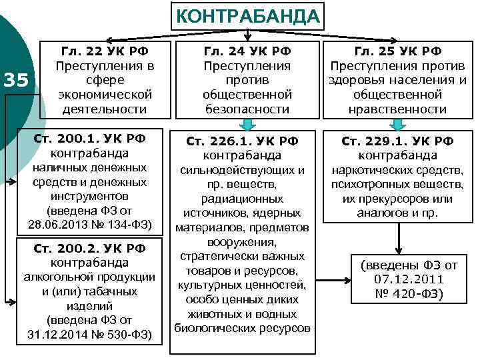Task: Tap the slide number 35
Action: [x=15, y=81]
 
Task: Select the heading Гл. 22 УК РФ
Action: [x=105, y=52]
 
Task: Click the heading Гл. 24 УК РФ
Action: [x=247, y=52]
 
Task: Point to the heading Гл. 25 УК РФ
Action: [x=398, y=52]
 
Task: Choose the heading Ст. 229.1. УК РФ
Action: [x=397, y=141]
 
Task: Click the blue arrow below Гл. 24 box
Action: [x=247, y=125]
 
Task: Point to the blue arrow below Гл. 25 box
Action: [x=398, y=125]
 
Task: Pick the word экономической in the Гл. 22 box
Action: [x=105, y=95]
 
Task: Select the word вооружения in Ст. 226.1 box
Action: [x=243, y=242]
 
